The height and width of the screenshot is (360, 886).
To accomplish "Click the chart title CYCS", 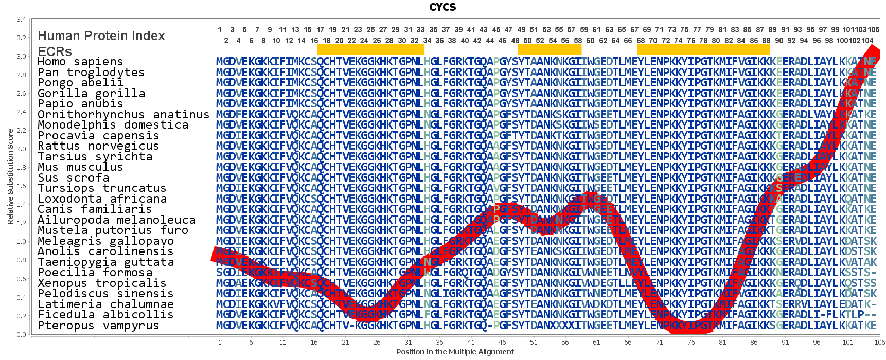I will pos(442,7).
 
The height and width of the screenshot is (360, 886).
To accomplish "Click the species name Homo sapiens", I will pos(80,62).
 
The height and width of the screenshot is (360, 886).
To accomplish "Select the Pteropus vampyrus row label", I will pos(98,326).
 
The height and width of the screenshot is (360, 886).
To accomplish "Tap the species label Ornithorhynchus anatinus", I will pos(123,114).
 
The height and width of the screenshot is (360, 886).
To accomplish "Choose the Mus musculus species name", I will pos(80,167).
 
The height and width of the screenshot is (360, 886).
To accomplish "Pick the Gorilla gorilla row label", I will pos(91,93).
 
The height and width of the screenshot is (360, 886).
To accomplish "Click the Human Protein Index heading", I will pos(101,36).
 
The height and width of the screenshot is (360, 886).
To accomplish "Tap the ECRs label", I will pos(55,51).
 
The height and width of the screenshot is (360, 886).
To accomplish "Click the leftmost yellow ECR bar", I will pos(370,49).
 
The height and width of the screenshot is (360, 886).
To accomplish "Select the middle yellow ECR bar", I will pos(550,49).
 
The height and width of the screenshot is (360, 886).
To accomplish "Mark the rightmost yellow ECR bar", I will pos(703,49).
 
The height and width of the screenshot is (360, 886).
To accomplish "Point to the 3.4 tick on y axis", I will pos(21,20).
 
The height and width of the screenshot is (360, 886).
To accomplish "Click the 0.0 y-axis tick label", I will pos(21,335).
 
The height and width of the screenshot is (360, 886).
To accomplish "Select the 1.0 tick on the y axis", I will pos(21,242).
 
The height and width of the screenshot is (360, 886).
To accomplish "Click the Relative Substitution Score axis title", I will pos(10,176).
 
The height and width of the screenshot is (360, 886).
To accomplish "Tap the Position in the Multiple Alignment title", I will pos(455,352).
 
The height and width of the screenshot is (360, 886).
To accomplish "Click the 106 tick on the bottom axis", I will pos(879,342).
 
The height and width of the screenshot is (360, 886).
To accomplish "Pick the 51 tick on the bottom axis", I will pos(534,342).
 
